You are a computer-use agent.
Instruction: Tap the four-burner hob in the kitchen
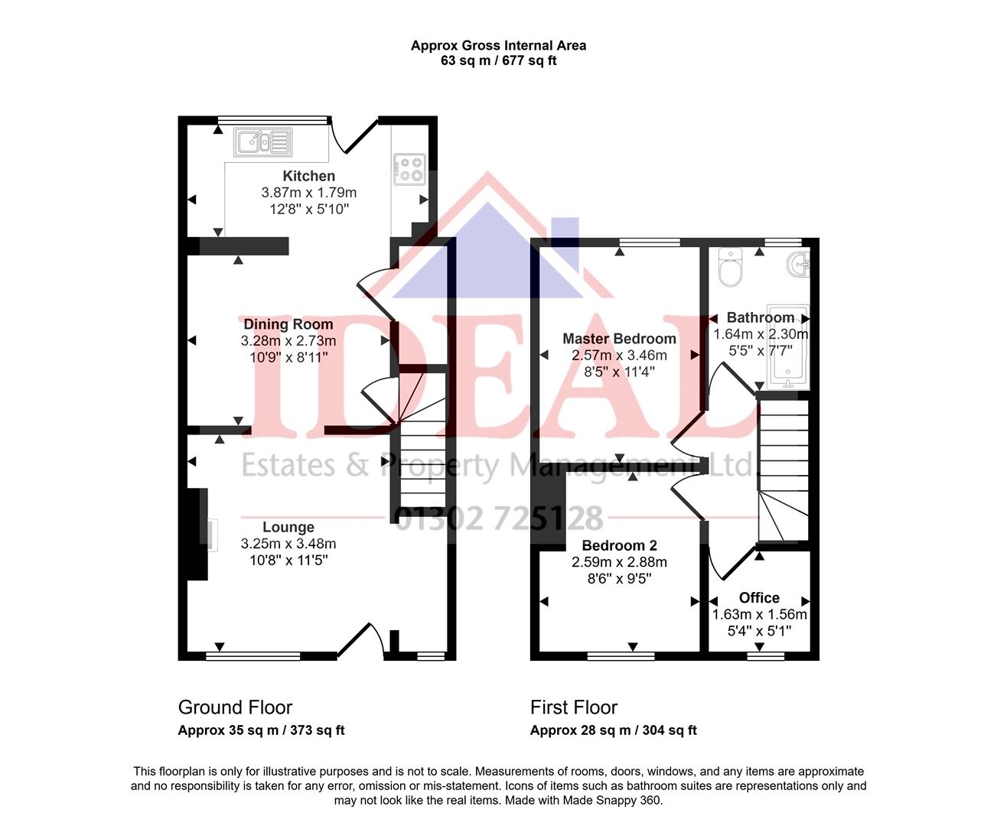coord(409,169)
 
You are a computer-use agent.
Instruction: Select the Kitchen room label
coord(308,176)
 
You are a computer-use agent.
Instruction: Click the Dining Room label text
coord(288,324)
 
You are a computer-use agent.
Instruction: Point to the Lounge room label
coord(288,527)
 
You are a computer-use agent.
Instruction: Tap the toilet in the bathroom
coord(730,268)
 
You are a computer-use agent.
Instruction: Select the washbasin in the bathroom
coord(799,265)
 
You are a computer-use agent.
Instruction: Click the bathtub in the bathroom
coord(789,348)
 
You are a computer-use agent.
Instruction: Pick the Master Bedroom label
coord(619,339)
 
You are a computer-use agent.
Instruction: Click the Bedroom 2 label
coord(619,545)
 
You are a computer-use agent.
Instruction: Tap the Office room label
coord(759,598)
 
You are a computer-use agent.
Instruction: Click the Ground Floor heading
coord(235,707)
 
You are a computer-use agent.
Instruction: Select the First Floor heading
coord(574,707)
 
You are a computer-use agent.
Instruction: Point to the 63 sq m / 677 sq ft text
coord(498,61)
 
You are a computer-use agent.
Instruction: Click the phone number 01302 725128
coord(498,519)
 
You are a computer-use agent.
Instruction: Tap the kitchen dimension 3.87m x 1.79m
coord(309,193)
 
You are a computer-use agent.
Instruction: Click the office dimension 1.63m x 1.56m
coord(759,615)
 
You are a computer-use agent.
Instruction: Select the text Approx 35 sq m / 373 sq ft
coord(261,730)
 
